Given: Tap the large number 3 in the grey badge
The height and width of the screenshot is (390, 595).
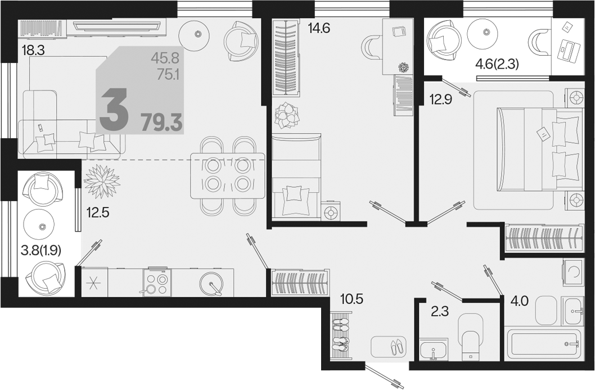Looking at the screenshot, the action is tap(113, 109).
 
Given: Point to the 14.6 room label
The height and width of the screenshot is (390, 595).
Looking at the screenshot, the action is tap(319, 28).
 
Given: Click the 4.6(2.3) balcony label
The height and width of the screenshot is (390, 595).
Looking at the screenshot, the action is tap(497, 65).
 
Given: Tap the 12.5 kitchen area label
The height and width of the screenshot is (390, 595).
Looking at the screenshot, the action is tap(98, 212).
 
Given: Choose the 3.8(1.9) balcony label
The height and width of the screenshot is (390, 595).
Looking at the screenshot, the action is tap(41, 250).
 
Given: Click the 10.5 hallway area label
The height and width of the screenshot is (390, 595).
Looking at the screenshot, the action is tap(351, 299).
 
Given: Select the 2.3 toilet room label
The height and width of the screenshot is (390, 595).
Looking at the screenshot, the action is tap(440, 311).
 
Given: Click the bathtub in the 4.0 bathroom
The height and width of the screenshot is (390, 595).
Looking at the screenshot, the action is tap(544, 344).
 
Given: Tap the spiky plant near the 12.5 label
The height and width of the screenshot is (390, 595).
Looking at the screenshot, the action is tap(102, 181).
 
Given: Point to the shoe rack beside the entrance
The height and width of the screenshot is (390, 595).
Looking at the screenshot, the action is tap(340, 331).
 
